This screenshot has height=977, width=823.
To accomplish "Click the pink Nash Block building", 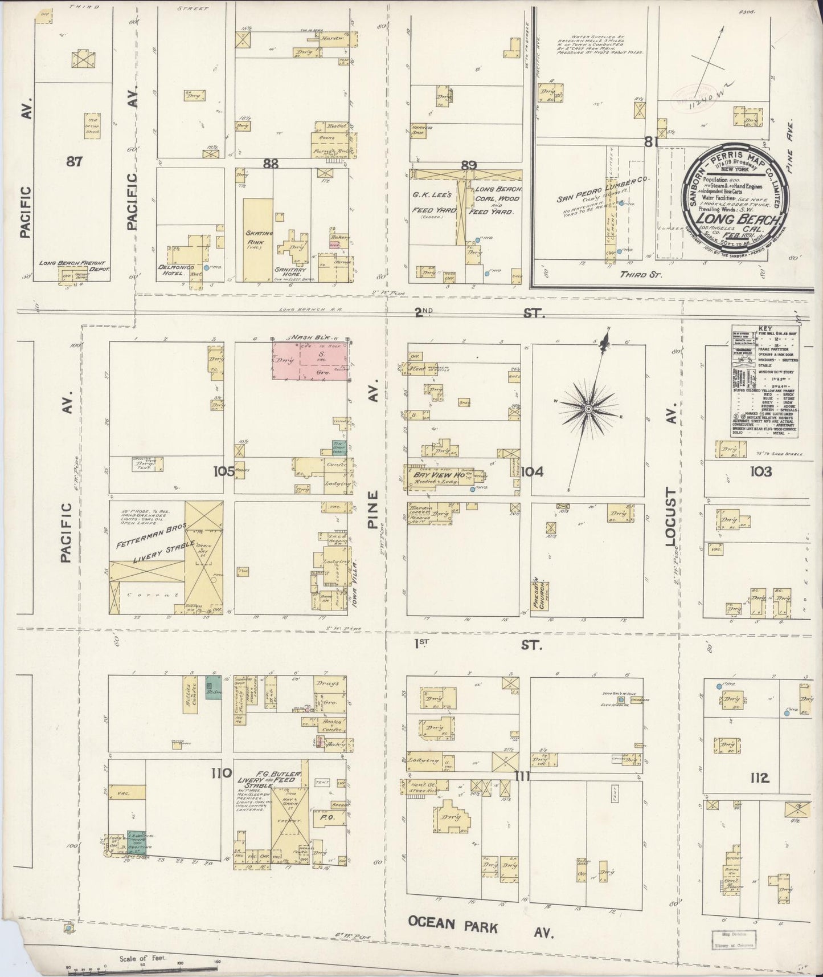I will coord(310,361).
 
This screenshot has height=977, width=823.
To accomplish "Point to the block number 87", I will coord(74,161).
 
